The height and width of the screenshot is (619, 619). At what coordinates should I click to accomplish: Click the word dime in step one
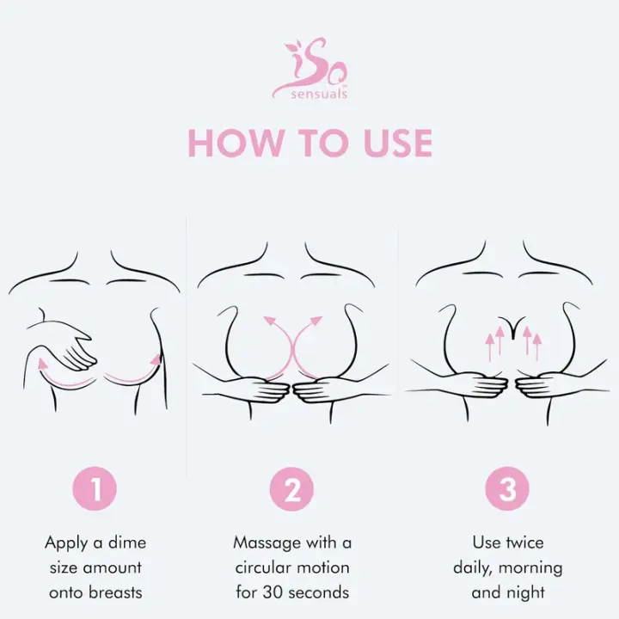pos(128,542)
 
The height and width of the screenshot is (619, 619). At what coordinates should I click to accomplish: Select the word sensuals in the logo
pos(320,94)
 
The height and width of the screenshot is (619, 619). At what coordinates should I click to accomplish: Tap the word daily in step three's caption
pos(475,567)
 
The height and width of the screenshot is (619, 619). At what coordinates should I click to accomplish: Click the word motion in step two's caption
pos(323,567)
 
